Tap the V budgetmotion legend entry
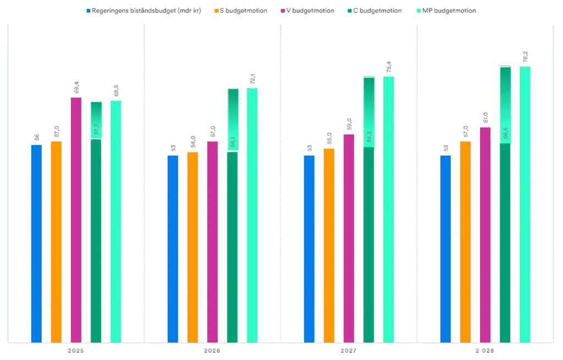pyautogui.click(x=310, y=10)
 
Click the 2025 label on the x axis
pyautogui.click(x=76, y=350)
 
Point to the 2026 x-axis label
pyautogui.click(x=212, y=350)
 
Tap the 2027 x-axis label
pyautogui.click(x=349, y=350)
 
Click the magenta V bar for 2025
pyautogui.click(x=76, y=220)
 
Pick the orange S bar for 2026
pyautogui.click(x=192, y=247)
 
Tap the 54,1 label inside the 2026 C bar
pyautogui.click(x=233, y=142)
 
